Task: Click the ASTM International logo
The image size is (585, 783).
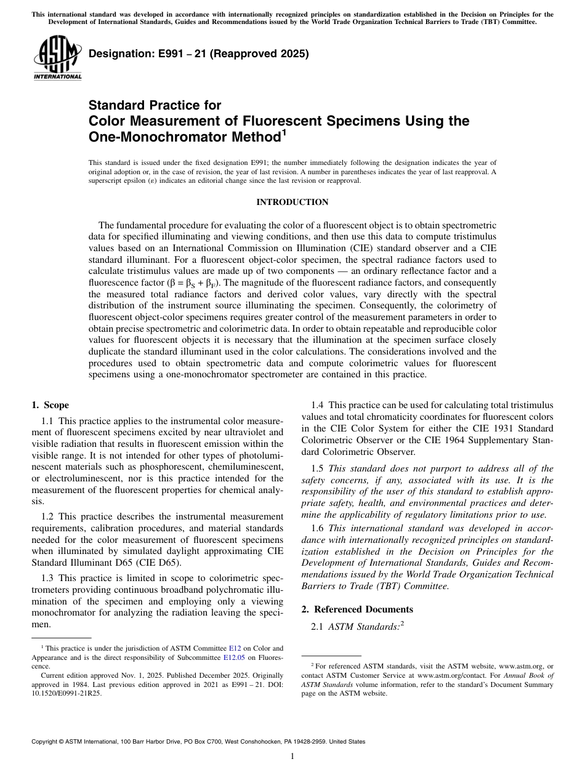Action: click(x=57, y=58)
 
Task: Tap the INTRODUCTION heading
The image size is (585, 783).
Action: click(x=292, y=203)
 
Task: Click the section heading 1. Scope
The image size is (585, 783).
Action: click(x=50, y=405)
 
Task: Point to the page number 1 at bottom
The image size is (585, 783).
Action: click(x=292, y=757)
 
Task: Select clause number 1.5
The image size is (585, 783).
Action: click(x=318, y=469)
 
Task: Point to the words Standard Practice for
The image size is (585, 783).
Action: click(x=155, y=105)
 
